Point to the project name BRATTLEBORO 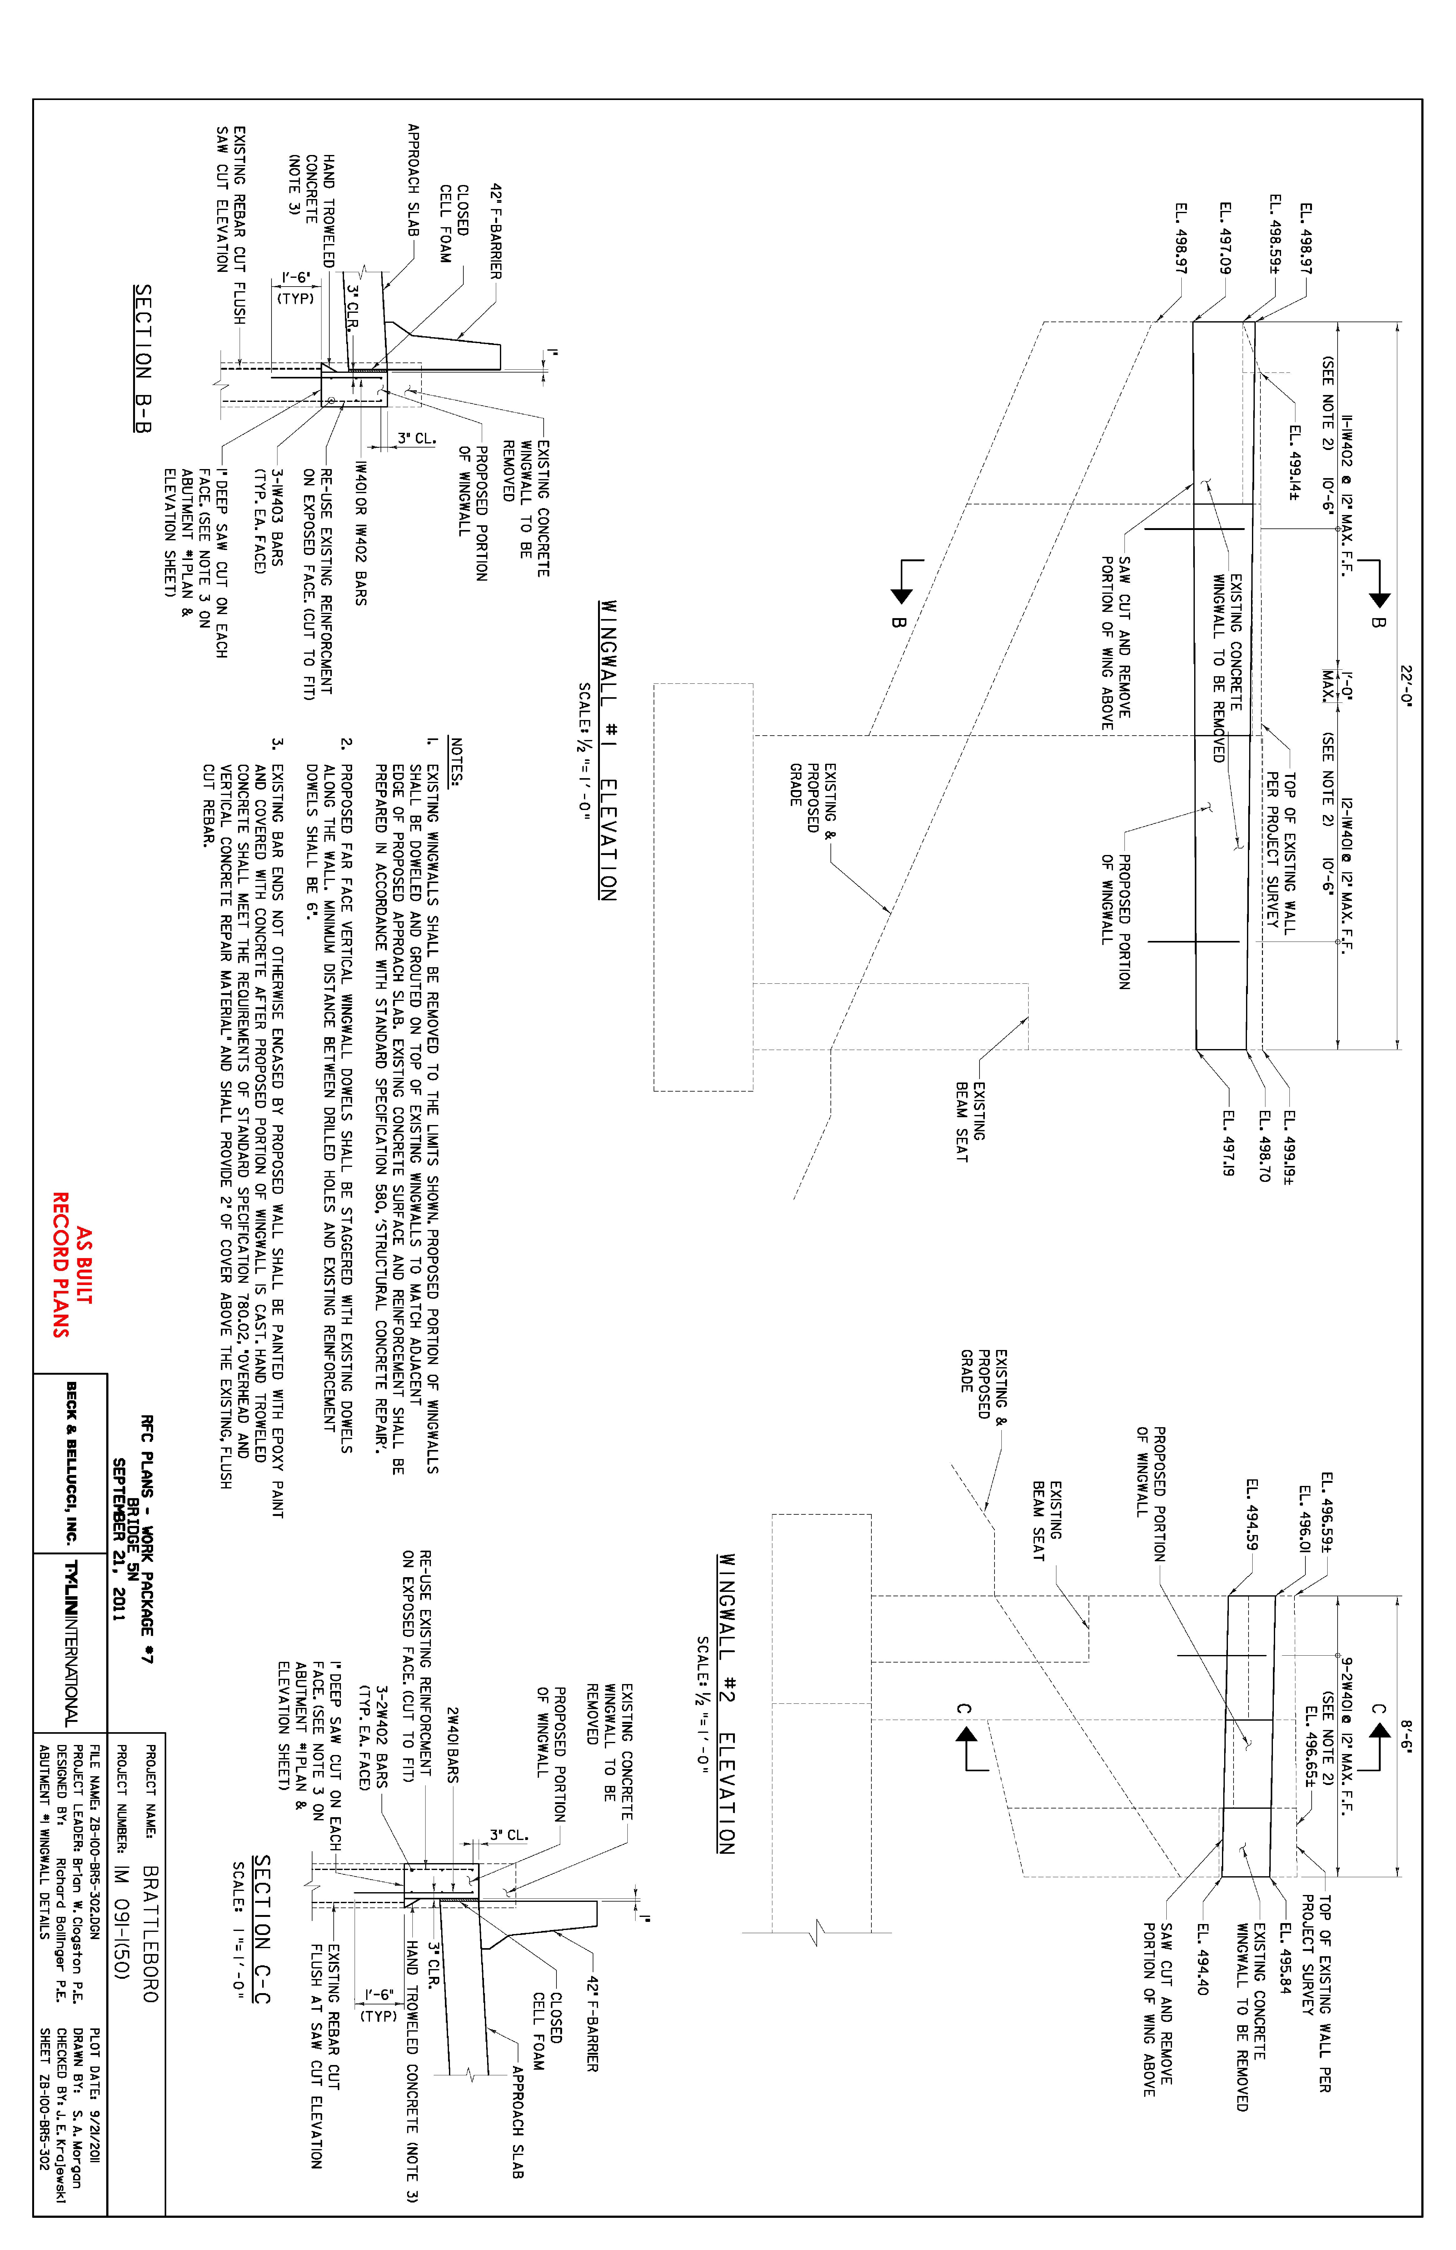[x=150, y=1933]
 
